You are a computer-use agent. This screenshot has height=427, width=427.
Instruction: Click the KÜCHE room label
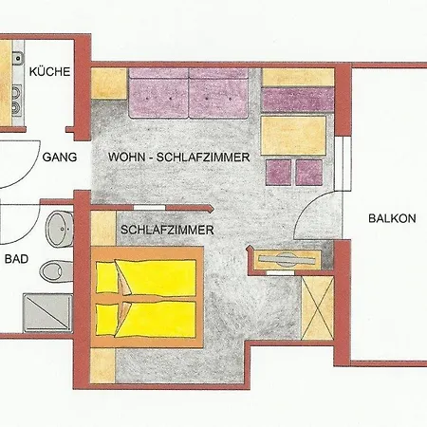(x=49, y=71)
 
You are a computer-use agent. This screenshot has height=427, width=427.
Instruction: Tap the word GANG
(x=60, y=157)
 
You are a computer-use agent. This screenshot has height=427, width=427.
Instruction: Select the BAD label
(x=16, y=259)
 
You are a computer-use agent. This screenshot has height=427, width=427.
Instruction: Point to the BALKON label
(x=392, y=218)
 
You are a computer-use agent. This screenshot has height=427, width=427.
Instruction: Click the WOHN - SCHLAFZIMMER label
(x=179, y=157)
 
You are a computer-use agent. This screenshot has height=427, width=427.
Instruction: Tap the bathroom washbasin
(x=60, y=229)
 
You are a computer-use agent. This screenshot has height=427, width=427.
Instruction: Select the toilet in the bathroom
(x=56, y=270)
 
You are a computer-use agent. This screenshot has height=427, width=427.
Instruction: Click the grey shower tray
(x=47, y=313)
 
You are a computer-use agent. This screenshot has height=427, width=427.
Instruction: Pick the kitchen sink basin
(x=18, y=58)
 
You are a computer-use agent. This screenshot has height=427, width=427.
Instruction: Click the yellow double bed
(x=147, y=297)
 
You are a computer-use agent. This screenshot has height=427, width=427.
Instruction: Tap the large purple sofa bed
(x=189, y=93)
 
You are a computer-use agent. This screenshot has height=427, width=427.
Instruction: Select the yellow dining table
(x=293, y=136)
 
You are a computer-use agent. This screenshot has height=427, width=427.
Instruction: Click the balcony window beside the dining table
(x=343, y=163)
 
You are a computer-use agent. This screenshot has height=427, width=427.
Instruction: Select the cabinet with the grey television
(x=288, y=260)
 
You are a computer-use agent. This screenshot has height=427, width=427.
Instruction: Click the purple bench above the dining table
(x=298, y=100)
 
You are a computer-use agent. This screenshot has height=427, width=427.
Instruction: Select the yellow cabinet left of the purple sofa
(x=109, y=84)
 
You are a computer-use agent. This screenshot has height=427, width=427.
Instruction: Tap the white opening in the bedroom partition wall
(x=149, y=208)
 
